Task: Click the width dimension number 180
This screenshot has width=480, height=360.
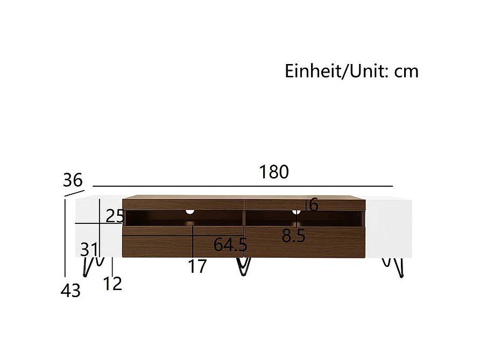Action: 274,172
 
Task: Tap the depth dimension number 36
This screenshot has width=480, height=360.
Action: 73,179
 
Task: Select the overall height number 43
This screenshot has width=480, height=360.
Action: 70,291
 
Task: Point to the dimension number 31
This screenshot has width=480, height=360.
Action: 89,249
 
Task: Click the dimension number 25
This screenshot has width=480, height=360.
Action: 115,216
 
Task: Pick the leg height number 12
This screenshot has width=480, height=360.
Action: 112,283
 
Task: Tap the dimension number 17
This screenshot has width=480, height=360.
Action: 197,266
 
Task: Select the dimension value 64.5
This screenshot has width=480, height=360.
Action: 230,245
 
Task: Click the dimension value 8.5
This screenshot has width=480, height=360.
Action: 294,236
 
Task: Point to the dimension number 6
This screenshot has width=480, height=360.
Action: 314,204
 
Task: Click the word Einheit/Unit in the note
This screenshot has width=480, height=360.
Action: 334,71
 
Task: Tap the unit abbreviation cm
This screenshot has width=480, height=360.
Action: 406,71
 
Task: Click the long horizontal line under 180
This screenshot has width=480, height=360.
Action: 243,186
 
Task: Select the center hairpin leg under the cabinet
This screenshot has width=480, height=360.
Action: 244,266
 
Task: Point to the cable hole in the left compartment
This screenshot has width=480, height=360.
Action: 189,211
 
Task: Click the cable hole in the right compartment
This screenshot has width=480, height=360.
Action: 296,211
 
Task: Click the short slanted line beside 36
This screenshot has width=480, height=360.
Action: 74,193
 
